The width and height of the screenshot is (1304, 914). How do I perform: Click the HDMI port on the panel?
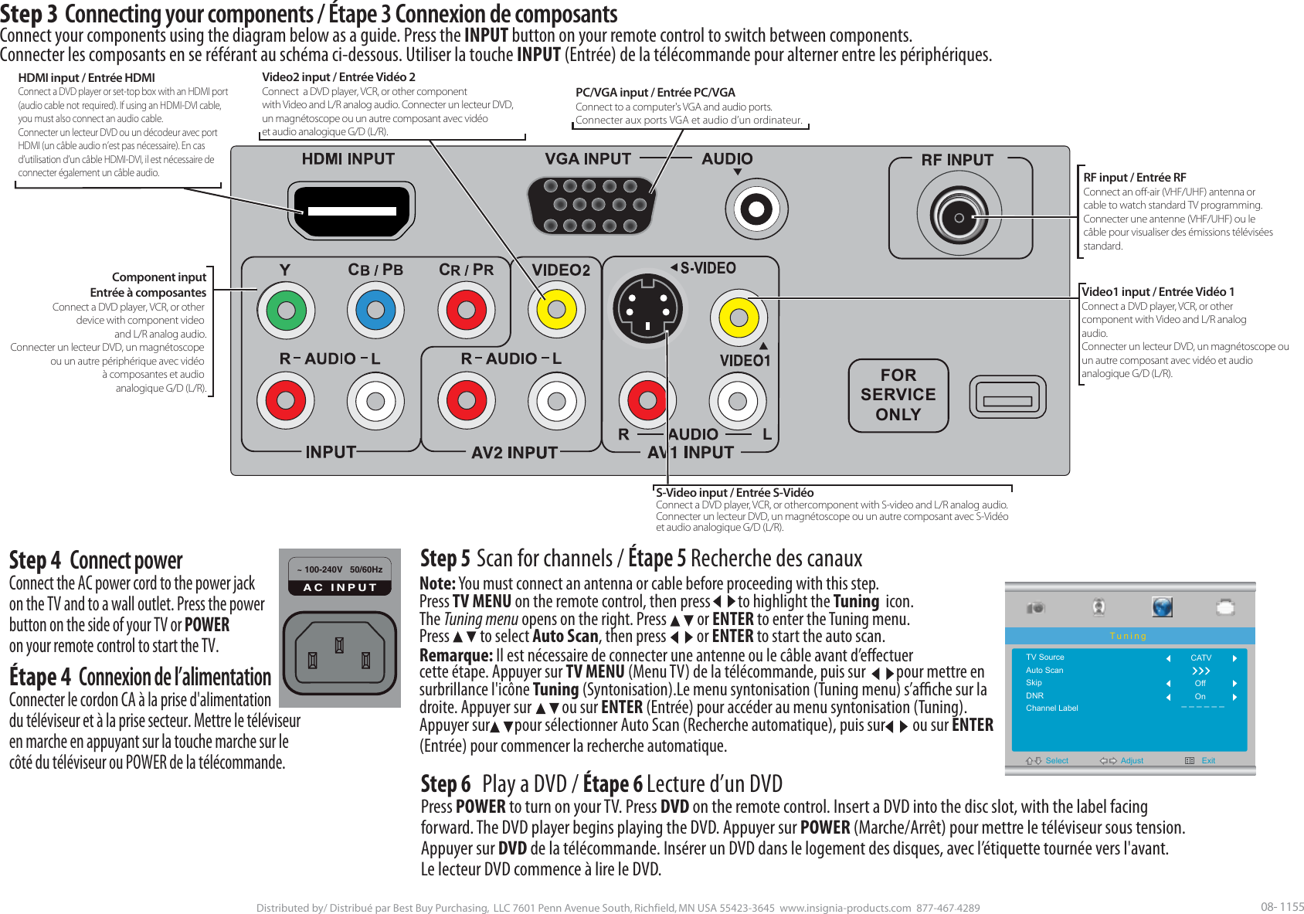pyautogui.click(x=351, y=210)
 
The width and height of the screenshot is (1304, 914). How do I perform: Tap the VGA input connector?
pyautogui.click(x=591, y=206)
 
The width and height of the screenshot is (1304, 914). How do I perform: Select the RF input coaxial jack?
pyautogui.click(x=959, y=217)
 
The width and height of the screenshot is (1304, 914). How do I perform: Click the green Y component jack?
pyautogui.click(x=286, y=311)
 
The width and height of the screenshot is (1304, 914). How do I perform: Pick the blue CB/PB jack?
pyautogui.click(x=375, y=311)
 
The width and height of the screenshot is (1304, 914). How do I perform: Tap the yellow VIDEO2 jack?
pyautogui.click(x=556, y=311)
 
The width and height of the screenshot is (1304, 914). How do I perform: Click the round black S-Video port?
pyautogui.click(x=647, y=308)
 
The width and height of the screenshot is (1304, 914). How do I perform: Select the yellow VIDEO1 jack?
pyautogui.click(x=739, y=318)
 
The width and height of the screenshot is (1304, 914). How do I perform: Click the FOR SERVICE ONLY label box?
pyautogui.click(x=898, y=395)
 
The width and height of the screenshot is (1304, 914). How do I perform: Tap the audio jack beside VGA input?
pyautogui.click(x=756, y=209)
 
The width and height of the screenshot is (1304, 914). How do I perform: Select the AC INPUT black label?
pyautogui.click(x=340, y=587)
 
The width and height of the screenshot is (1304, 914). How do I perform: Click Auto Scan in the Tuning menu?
pyautogui.click(x=1044, y=671)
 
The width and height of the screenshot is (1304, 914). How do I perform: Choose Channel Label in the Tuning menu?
pyautogui.click(x=1051, y=708)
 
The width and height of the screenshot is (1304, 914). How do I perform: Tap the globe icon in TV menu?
pyautogui.click(x=1162, y=607)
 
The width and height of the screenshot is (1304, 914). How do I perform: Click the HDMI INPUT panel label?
pyautogui.click(x=348, y=159)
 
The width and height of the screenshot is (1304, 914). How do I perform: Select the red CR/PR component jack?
pyautogui.click(x=466, y=311)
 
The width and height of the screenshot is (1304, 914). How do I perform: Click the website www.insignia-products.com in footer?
pyautogui.click(x=845, y=908)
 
